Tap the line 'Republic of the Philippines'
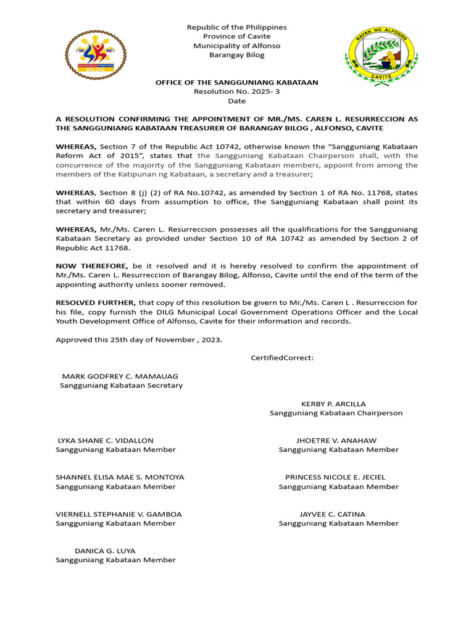point(237,27)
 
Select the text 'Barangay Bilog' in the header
point(237,55)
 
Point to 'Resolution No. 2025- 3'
point(237,91)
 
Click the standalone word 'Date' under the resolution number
point(237,101)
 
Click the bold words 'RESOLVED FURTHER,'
point(96,302)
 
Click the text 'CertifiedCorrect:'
point(282,358)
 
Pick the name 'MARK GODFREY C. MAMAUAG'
point(120,376)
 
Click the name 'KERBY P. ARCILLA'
point(333,404)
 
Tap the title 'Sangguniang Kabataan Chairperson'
point(336,413)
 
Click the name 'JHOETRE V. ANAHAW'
point(336,440)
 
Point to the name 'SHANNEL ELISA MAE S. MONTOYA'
point(120,477)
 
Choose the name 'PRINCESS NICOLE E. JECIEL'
point(335,477)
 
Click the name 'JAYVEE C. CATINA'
point(332,514)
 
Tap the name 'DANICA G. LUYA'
point(105,551)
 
